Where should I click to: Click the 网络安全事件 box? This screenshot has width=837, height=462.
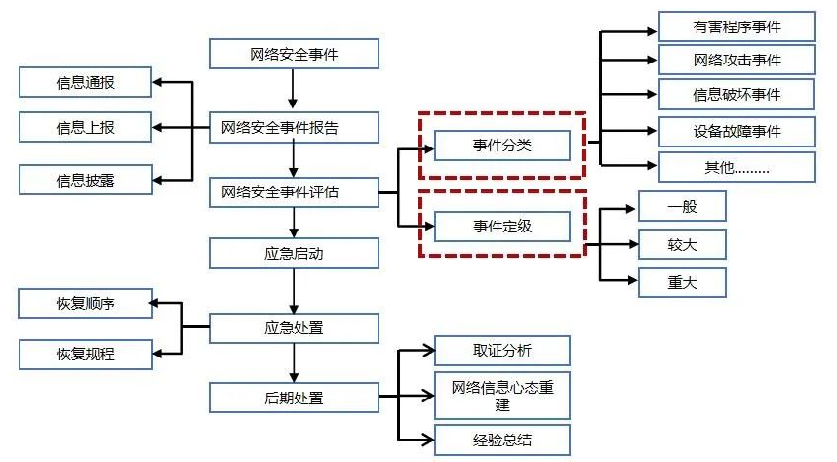[294, 54]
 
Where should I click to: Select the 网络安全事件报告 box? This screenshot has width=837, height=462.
[294, 127]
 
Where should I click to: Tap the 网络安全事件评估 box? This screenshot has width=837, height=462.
[294, 192]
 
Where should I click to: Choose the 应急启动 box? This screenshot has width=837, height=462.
[294, 254]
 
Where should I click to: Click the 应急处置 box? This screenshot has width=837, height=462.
[294, 327]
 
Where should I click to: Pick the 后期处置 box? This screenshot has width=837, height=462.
[294, 398]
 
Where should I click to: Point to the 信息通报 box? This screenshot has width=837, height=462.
[85, 82]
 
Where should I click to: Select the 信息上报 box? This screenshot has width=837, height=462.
[85, 127]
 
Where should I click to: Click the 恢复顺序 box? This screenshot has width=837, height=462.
[85, 303]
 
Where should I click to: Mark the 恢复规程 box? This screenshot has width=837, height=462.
[85, 354]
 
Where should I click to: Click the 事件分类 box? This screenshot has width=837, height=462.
[501, 146]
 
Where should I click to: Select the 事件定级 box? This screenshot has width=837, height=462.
[501, 227]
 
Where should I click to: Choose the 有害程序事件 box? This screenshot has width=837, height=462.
[737, 26]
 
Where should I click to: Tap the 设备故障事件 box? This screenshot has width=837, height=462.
[737, 130]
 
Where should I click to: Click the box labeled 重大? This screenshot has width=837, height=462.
[682, 282]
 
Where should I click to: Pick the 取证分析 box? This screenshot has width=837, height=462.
[501, 351]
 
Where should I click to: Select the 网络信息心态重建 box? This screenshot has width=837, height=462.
[501, 395]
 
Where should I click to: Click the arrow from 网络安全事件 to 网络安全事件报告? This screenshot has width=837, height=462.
[294, 90]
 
